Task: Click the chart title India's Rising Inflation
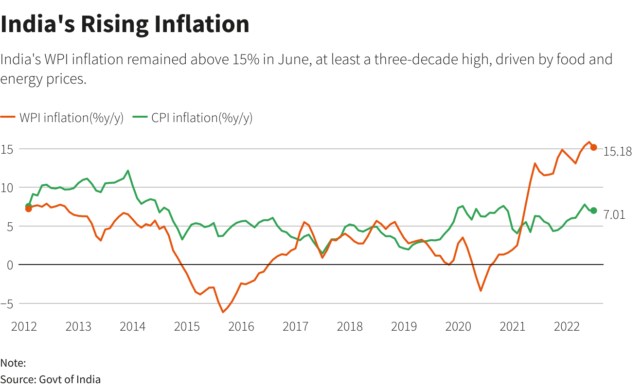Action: [x=125, y=24]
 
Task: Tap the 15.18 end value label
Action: [x=617, y=152]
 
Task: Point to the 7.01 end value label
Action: [x=615, y=215]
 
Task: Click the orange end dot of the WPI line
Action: [x=594, y=147]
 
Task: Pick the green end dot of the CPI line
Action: [x=594, y=211]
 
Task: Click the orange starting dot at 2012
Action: [x=28, y=209]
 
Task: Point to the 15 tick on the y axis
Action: [x=6, y=149]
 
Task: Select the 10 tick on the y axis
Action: [x=6, y=187]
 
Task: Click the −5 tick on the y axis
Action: [x=6, y=303]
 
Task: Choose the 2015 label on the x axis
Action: [x=187, y=326]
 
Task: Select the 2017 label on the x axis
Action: [x=295, y=326]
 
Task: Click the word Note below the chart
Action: [x=13, y=363]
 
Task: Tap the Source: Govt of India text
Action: [x=51, y=379]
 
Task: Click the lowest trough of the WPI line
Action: [x=223, y=312]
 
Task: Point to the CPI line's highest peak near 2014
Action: [x=128, y=171]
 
